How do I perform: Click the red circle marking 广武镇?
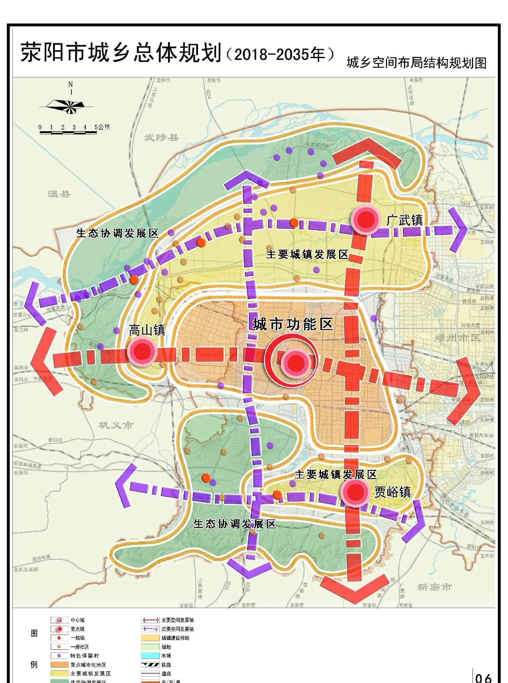(365, 220)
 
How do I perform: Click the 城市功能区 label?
(292, 324)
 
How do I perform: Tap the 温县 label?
(59, 194)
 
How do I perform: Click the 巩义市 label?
(116, 425)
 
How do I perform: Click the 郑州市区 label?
(457, 338)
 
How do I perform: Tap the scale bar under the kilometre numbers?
(68, 132)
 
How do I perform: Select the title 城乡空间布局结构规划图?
(416, 63)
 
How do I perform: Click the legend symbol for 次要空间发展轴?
(150, 629)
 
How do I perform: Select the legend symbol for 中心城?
(60, 620)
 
